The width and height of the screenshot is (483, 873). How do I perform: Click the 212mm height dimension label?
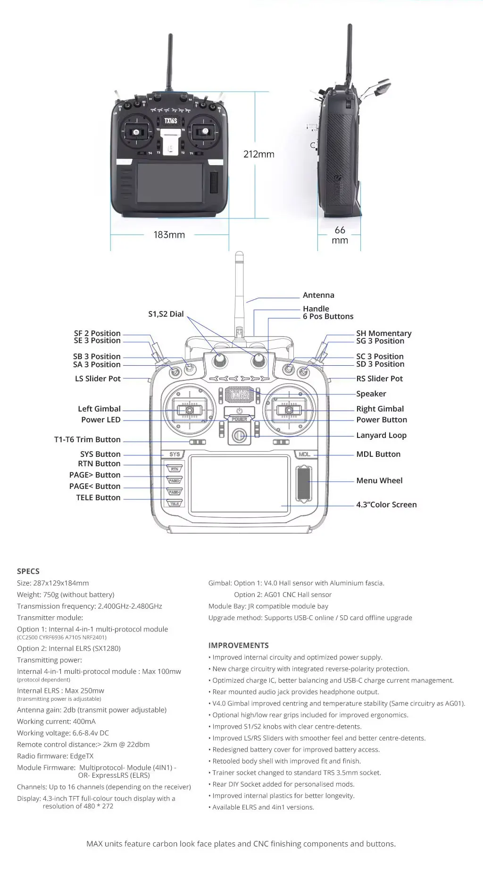point(258,154)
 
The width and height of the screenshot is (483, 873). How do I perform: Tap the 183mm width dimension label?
point(169,235)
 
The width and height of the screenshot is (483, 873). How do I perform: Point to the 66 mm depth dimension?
point(340,235)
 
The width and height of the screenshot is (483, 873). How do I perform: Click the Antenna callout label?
point(318,295)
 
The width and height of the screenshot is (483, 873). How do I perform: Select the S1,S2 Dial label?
point(166,314)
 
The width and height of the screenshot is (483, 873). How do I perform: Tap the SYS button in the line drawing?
point(175,454)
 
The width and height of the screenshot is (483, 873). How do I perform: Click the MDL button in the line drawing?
point(305,454)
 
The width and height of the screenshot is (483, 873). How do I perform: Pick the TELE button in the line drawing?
point(175,504)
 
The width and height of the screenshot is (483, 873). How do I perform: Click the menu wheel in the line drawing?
point(304,484)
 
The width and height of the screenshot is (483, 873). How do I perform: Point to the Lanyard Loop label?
point(381,435)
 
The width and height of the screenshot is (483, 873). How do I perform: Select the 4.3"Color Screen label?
point(386,504)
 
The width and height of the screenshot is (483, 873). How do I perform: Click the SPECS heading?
point(28,571)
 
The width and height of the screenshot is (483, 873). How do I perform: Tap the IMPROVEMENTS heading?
point(238,645)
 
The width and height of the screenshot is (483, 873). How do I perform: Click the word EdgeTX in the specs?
point(82,756)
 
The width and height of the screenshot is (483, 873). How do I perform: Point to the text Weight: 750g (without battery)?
point(66,595)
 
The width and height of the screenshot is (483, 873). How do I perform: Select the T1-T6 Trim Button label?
point(87,439)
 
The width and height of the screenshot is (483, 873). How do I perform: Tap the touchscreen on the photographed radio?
point(170,182)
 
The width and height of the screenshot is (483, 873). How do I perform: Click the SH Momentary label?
point(383,333)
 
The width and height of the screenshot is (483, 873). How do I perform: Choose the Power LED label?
point(100,420)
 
